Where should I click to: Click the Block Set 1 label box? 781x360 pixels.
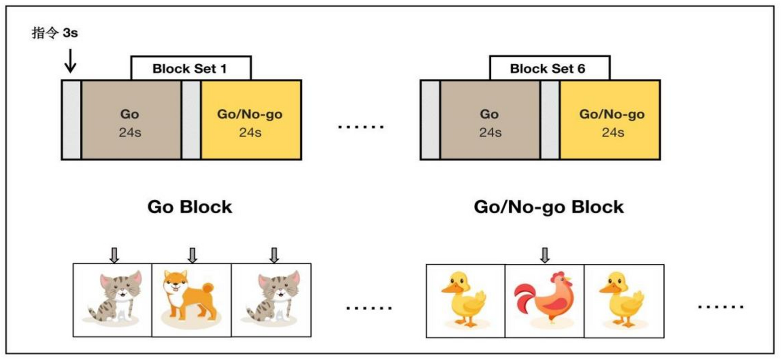191,68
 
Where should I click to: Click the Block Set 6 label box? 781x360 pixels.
549,68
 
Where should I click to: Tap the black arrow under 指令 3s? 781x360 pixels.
70,61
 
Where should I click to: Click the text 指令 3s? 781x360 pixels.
54,34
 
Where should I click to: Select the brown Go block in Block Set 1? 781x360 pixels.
131,120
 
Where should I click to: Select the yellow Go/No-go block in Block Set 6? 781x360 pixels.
609,120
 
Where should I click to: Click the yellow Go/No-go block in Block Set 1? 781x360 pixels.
251,120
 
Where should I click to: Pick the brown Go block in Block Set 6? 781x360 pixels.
490,120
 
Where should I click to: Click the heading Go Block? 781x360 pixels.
190,206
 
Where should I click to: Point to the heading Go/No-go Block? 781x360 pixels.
549,206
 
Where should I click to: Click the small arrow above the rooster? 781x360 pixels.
545,255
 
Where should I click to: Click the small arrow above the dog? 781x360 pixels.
193,255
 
